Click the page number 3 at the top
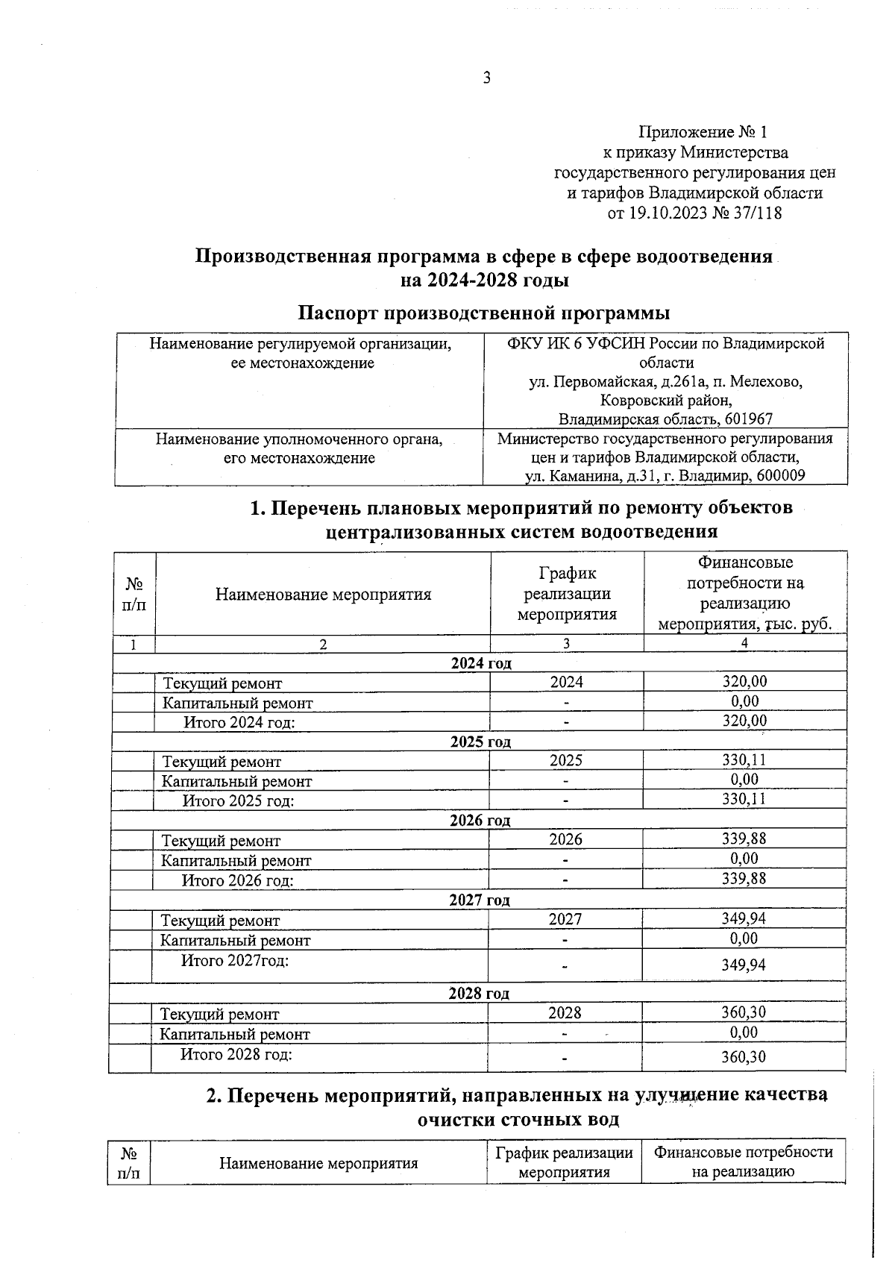[x=486, y=78]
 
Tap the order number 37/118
[x=757, y=213]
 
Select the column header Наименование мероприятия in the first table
[x=323, y=595]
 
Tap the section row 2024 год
[x=481, y=662]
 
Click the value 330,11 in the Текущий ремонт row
[x=744, y=759]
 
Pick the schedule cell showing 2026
[x=565, y=839]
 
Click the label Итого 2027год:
[x=235, y=960]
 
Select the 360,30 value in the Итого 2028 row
[x=743, y=1057]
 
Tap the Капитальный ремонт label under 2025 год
[x=237, y=781]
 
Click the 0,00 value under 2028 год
[x=744, y=1032]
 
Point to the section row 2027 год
[x=480, y=900]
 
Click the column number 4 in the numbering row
[x=744, y=643]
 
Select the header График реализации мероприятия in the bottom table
[x=564, y=1162]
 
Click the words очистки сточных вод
[x=518, y=1120]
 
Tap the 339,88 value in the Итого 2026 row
[x=744, y=879]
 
